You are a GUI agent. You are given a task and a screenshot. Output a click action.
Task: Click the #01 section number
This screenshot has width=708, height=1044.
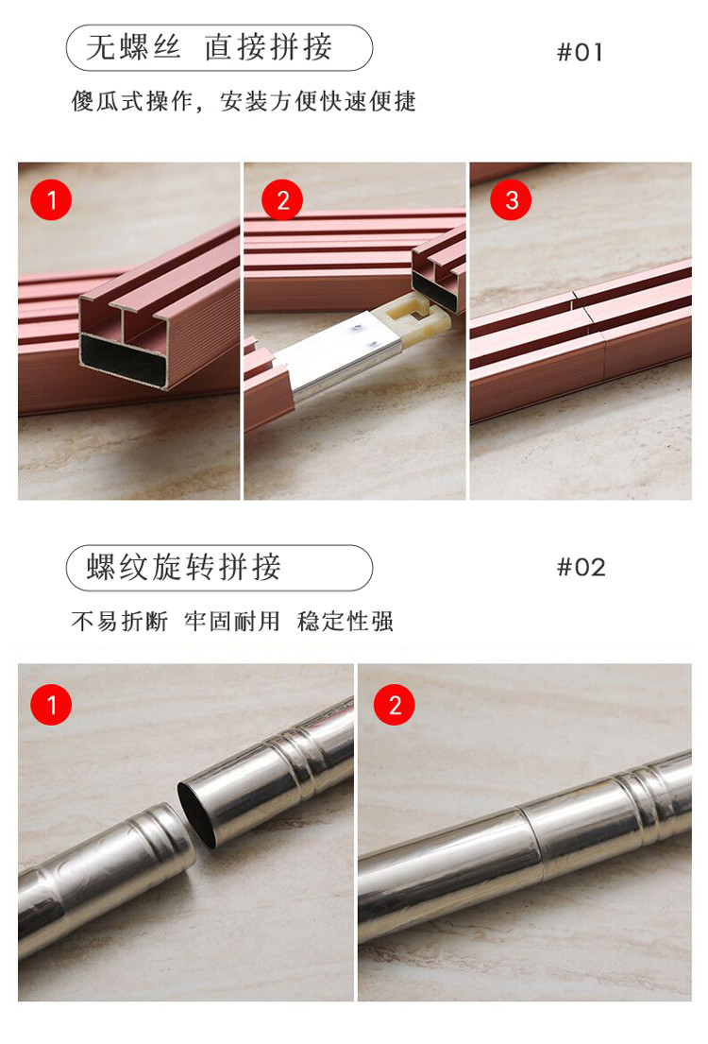coord(581,52)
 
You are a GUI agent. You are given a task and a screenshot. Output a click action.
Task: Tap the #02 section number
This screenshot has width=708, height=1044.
coord(581,567)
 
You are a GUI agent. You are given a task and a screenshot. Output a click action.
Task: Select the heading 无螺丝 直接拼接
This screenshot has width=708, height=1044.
coord(209,47)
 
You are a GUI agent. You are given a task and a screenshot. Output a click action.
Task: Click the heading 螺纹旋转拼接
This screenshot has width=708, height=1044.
coord(184,567)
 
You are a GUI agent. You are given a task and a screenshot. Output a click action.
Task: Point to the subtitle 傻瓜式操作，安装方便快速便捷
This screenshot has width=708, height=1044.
coord(244,101)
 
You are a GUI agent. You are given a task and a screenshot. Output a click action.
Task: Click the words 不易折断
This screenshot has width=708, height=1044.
coord(119,622)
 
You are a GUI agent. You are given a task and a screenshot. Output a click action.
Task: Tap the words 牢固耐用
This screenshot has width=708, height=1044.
coord(231,622)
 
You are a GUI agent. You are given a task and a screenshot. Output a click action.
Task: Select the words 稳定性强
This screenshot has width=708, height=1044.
coord(345,622)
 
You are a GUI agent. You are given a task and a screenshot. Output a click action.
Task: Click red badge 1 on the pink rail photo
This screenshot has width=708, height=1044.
coord(51,199)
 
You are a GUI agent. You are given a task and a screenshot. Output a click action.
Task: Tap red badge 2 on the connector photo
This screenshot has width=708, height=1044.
coord(282,199)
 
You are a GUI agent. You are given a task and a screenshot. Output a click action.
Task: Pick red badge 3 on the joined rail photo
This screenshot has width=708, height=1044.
coord(511,199)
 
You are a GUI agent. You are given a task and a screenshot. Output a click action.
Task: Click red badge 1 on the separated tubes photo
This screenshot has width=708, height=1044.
coord(51,705)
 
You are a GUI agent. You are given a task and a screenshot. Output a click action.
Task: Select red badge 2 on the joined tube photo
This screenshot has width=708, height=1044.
coord(394,705)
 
